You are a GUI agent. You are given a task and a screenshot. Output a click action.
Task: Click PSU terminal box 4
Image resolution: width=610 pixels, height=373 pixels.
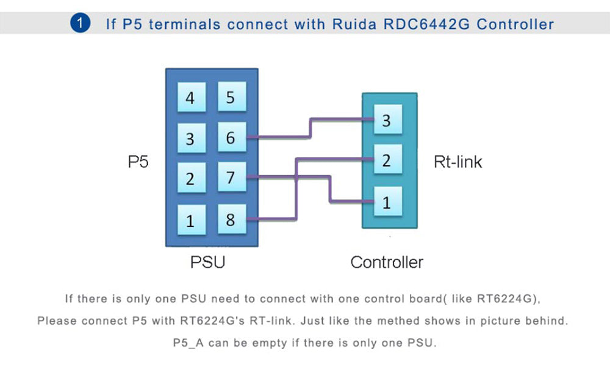click(x=190, y=98)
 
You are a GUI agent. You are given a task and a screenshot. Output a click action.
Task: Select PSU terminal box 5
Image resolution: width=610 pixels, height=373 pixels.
click(x=230, y=98)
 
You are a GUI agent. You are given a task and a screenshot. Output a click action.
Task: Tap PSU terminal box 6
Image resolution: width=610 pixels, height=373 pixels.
click(x=230, y=138)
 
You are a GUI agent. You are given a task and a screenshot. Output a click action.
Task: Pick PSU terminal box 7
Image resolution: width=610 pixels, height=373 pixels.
click(x=230, y=178)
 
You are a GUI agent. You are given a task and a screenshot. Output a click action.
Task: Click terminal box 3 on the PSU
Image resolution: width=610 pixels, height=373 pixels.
click(x=190, y=139)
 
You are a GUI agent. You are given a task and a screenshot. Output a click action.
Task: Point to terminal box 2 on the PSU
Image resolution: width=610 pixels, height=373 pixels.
click(x=190, y=179)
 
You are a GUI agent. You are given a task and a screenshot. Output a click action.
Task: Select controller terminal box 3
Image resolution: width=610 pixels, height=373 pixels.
click(x=386, y=120)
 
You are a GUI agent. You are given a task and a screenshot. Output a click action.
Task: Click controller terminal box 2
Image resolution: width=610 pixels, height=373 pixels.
click(x=386, y=161)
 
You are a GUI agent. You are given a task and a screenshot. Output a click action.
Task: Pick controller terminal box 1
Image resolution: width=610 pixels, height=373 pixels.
click(x=386, y=202)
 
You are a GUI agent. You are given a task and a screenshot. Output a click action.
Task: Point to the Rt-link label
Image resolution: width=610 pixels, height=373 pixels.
click(x=457, y=162)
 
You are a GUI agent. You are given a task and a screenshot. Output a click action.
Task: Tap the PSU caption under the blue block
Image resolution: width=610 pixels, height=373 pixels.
click(x=207, y=263)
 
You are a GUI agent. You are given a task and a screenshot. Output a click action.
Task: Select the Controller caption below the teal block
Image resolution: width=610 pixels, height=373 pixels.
click(x=387, y=263)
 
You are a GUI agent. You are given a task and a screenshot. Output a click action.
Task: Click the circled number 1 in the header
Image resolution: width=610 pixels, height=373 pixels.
click(x=80, y=24)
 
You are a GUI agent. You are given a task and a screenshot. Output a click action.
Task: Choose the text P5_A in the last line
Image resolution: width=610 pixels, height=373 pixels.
click(x=188, y=342)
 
